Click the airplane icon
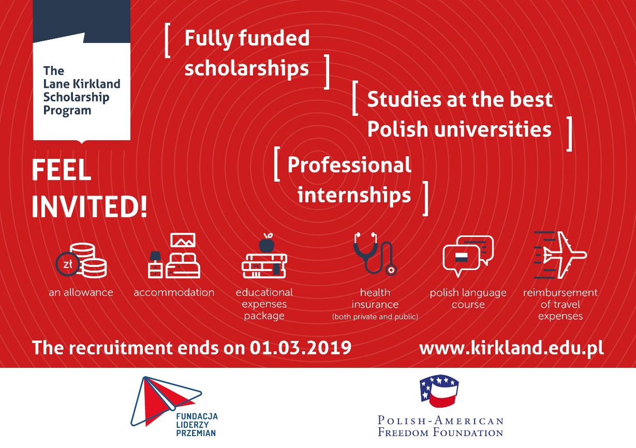click(561, 255)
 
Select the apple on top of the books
click(267, 244)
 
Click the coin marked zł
click(68, 264)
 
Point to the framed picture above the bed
click(183, 240)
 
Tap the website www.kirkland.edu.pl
click(511, 348)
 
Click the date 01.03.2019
click(300, 348)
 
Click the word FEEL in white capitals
click(62, 170)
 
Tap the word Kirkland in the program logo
click(97, 84)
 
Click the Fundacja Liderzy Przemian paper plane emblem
click(166, 401)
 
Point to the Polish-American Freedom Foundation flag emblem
click(439, 391)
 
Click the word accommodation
click(174, 292)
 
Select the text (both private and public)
click(375, 317)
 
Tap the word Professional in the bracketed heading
click(349, 165)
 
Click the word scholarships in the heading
click(246, 68)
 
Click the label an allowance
click(81, 292)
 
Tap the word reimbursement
click(560, 292)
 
